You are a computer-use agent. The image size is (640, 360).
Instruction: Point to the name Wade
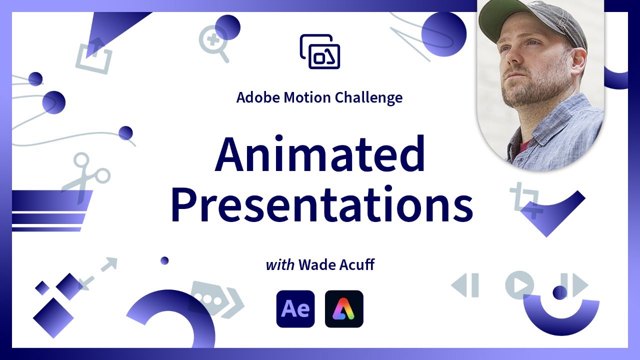tap(315, 264)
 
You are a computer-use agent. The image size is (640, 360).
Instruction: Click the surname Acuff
tap(355, 264)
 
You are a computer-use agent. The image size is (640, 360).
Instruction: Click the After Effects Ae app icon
tap(295, 309)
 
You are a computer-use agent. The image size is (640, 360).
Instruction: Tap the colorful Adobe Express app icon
tap(344, 309)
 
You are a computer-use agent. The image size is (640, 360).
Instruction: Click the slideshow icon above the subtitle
tap(320, 51)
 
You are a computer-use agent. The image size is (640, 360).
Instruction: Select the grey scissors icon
tap(85, 177)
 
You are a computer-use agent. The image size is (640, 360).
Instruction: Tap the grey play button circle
tap(519, 285)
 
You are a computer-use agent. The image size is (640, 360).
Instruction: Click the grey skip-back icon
tap(465, 285)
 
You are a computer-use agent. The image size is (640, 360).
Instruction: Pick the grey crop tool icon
tap(525, 200)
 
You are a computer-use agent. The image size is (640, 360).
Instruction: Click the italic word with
tap(279, 264)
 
